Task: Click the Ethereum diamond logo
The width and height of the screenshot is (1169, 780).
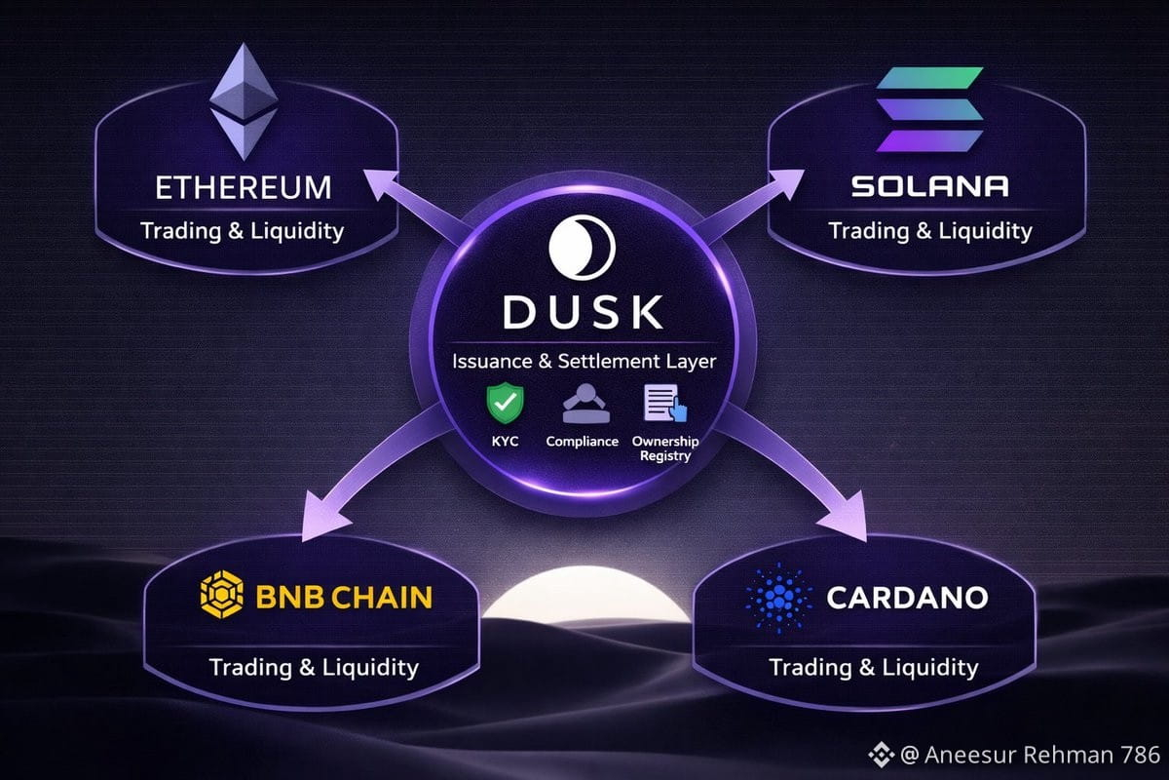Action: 244,101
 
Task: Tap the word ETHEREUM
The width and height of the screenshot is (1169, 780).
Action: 244,187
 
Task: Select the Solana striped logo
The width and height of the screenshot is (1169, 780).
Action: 929,109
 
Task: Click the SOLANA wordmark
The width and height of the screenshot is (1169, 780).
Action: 929,186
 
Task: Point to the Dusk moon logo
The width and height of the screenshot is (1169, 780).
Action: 583,247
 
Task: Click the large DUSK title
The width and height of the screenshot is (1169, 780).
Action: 583,312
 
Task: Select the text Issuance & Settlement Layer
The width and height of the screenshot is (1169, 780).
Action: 584,362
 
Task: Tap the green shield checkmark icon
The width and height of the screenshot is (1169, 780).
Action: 506,403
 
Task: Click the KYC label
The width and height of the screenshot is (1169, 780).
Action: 506,442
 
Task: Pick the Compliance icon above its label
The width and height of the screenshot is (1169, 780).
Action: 586,404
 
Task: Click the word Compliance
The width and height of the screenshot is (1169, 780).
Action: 582,442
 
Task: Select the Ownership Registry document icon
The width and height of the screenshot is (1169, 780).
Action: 665,403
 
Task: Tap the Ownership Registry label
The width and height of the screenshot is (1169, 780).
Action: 665,448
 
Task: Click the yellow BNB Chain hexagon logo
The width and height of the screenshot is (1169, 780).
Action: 222,595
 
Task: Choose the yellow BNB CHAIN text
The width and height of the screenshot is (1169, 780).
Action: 344,597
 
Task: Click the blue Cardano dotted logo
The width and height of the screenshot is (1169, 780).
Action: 779,599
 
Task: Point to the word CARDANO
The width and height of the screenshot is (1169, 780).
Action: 907,598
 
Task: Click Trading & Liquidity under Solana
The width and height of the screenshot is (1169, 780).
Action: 930,231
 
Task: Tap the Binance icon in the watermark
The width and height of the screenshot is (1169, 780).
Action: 882,755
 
